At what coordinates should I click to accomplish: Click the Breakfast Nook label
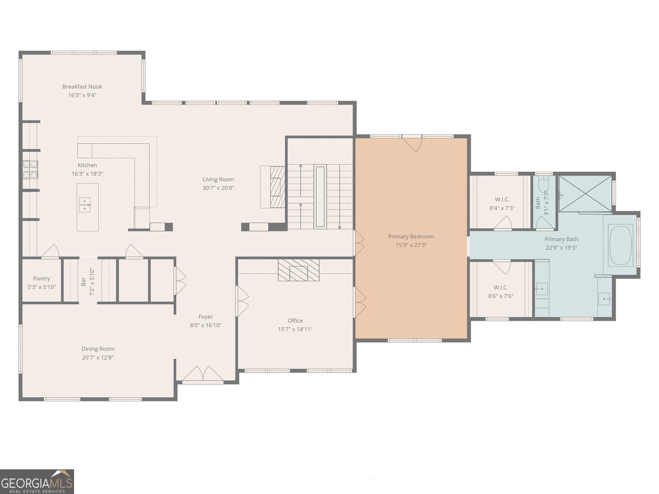click(82, 87)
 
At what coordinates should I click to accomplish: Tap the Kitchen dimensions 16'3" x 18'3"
click(87, 174)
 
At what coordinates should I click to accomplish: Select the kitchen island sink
click(85, 205)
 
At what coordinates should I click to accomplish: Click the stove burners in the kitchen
click(30, 170)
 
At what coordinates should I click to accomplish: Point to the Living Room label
click(218, 179)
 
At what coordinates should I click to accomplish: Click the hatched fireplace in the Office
click(299, 270)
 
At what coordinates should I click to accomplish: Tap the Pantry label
click(42, 279)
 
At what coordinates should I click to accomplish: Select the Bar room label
click(83, 282)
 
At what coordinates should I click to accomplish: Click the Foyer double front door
click(203, 374)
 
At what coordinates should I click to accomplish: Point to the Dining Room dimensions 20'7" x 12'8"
click(98, 357)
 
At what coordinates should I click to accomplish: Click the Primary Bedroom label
click(411, 237)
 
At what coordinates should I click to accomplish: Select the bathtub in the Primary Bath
click(620, 245)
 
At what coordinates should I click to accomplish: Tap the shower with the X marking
click(585, 194)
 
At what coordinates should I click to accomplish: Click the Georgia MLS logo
click(37, 481)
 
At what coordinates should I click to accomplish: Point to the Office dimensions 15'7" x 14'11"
click(295, 329)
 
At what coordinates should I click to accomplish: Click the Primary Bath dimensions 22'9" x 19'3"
click(561, 248)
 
